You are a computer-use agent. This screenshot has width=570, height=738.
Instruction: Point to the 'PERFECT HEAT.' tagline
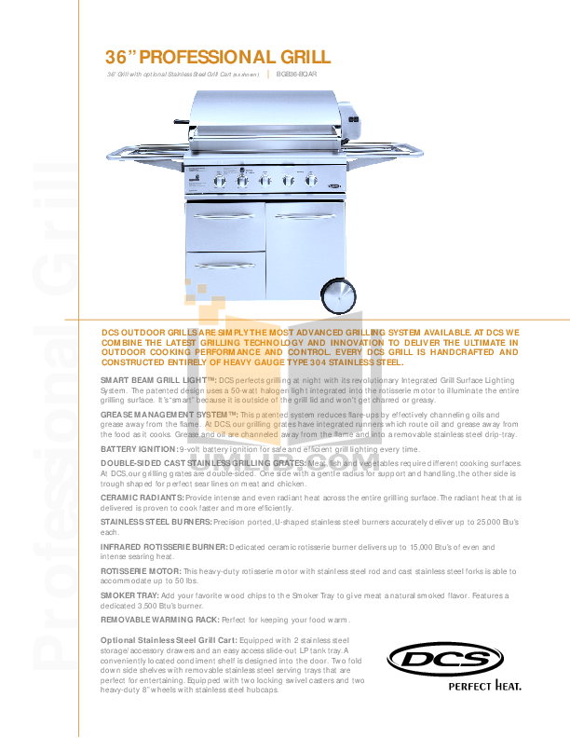(x=484, y=689)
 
